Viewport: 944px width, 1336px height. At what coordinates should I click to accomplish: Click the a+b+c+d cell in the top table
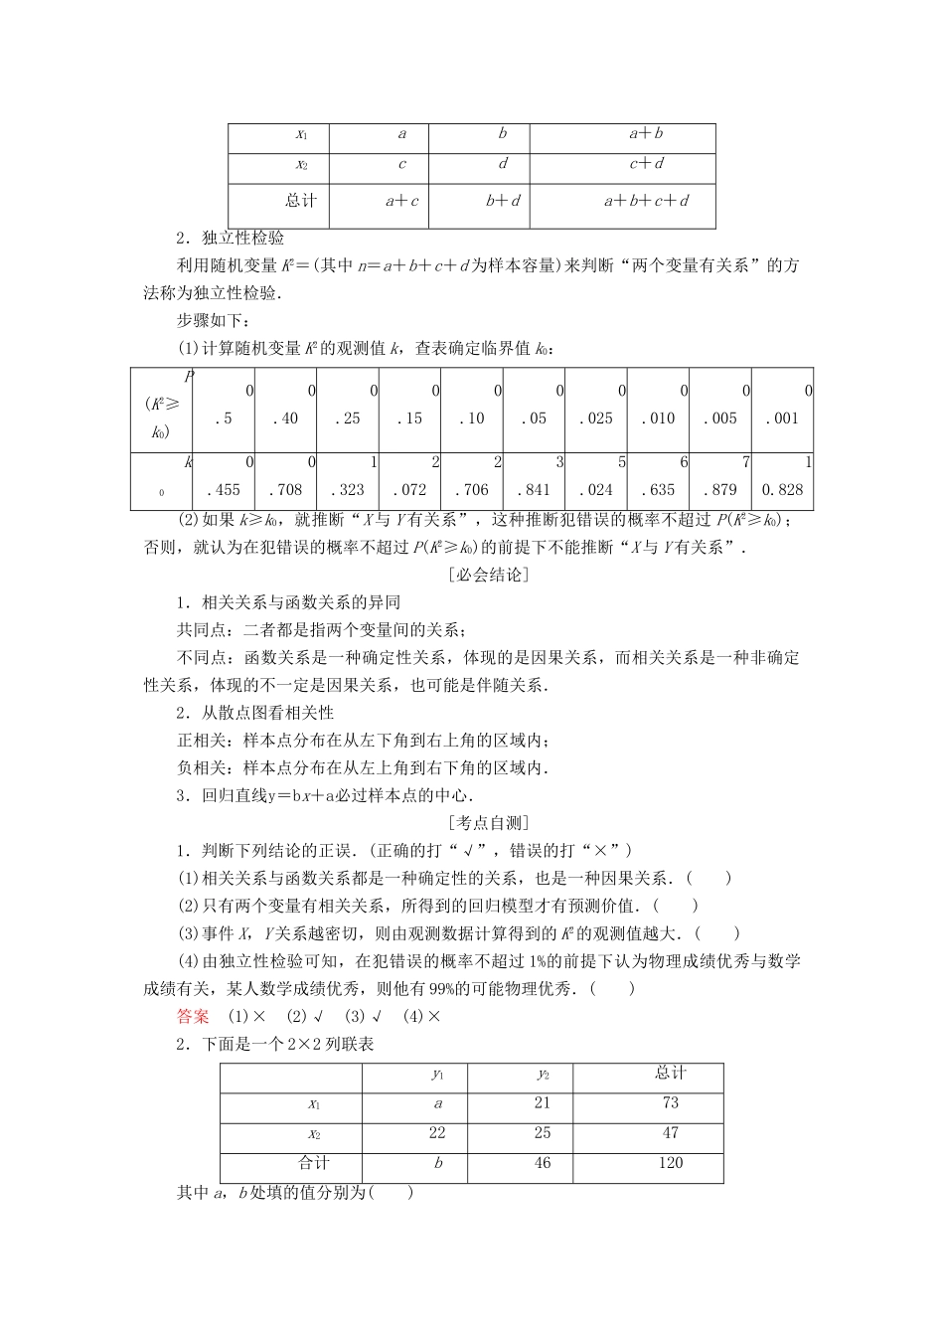[x=646, y=200]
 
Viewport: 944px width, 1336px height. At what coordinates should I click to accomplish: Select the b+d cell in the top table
[x=503, y=200]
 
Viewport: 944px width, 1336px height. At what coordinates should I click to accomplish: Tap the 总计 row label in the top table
[x=301, y=200]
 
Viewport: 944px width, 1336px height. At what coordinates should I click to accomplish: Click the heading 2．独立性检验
[x=230, y=239]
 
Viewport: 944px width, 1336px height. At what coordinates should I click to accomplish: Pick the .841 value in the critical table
[x=534, y=489]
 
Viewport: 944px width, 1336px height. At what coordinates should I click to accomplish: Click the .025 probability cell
[x=596, y=418]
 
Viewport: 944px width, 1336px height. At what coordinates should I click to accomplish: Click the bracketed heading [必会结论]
[x=488, y=575]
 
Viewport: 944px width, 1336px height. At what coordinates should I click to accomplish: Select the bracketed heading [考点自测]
[x=488, y=822]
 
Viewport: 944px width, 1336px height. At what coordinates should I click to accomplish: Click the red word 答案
[x=193, y=1016]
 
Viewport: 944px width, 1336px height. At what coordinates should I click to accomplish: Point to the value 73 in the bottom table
[x=671, y=1102]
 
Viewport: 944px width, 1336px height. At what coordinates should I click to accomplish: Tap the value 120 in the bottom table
[x=671, y=1163]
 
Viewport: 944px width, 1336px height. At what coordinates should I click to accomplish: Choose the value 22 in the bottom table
[x=437, y=1132]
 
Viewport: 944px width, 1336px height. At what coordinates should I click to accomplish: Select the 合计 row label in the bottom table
[x=314, y=1162]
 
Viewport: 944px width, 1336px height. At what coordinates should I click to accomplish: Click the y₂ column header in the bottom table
[x=543, y=1074]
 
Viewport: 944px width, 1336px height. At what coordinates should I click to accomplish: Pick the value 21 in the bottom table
[x=543, y=1102]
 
